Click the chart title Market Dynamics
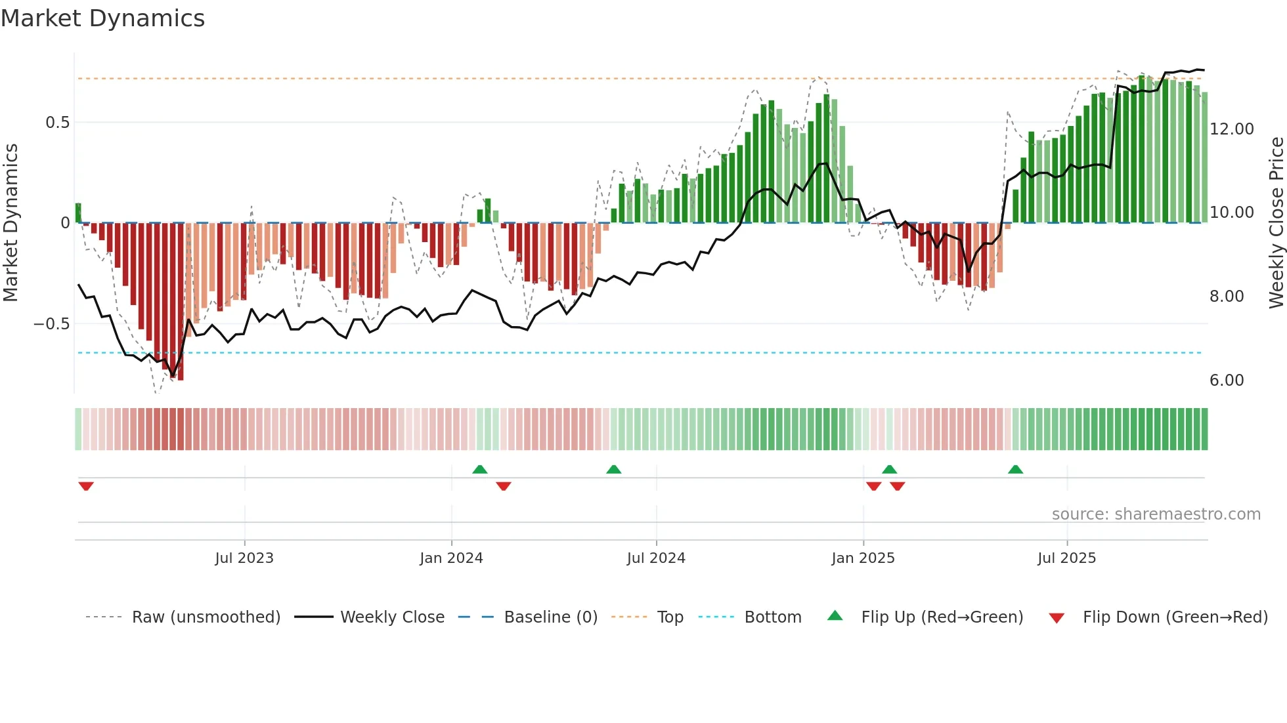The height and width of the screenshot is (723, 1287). pyautogui.click(x=102, y=18)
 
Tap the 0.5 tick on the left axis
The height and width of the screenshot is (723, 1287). pyautogui.click(x=57, y=123)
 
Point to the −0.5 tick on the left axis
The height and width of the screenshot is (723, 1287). pyautogui.click(x=51, y=324)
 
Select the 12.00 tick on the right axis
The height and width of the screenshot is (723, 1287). pyautogui.click(x=1231, y=129)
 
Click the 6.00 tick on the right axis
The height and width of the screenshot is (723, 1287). pyautogui.click(x=1226, y=381)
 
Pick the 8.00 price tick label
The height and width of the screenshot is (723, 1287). pyautogui.click(x=1226, y=297)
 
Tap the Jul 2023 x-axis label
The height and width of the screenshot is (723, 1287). pyautogui.click(x=244, y=558)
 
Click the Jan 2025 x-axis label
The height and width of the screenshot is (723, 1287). pyautogui.click(x=862, y=558)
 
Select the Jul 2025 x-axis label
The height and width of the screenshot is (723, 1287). pyautogui.click(x=1066, y=558)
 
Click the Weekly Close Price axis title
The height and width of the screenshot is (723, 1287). pyautogui.click(x=1276, y=222)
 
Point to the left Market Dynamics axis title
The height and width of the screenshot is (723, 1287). pyautogui.click(x=11, y=222)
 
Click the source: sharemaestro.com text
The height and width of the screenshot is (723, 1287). pyautogui.click(x=1156, y=514)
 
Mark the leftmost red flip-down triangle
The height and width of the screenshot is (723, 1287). pyautogui.click(x=86, y=486)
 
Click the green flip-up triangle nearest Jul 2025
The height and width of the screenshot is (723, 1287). pyautogui.click(x=1015, y=469)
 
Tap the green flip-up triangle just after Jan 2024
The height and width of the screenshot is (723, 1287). pyautogui.click(x=480, y=469)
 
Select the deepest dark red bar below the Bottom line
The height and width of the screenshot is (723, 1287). pyautogui.click(x=181, y=367)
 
